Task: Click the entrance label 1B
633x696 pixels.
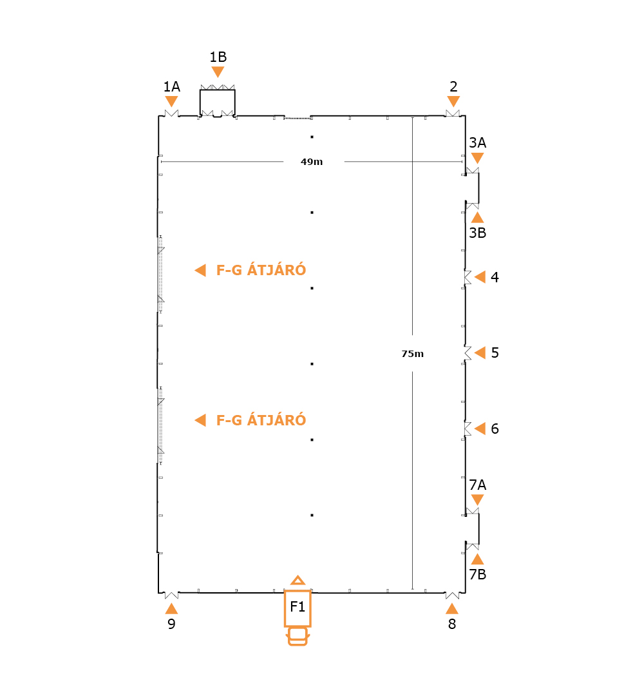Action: [x=218, y=57]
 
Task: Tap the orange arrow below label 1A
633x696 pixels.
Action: [x=171, y=101]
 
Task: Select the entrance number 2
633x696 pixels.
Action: [x=453, y=86]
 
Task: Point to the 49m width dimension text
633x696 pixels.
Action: [x=312, y=162]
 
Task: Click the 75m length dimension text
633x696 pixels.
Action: [x=413, y=354]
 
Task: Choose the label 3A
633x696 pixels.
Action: [x=478, y=142]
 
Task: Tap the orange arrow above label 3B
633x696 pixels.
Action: [x=477, y=217]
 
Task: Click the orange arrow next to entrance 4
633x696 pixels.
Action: [x=480, y=277]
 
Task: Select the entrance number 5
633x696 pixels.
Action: [x=495, y=353]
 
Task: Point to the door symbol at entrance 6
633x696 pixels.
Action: [x=468, y=429]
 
